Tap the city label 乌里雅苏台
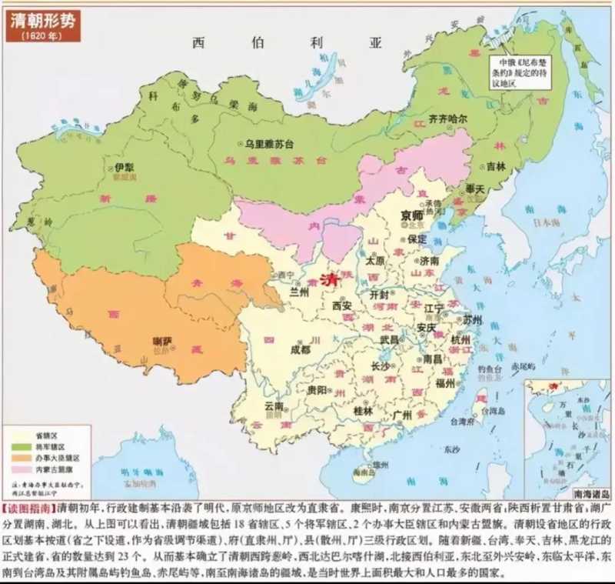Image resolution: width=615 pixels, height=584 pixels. pyautogui.click(x=271, y=144)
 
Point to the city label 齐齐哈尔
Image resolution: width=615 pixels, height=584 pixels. pyautogui.click(x=454, y=118)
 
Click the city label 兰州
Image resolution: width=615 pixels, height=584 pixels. pyautogui.click(x=299, y=292)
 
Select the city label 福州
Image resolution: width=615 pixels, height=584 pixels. pyautogui.click(x=446, y=382)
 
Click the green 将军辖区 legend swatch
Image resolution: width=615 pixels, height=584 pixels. pyautogui.click(x=15, y=446)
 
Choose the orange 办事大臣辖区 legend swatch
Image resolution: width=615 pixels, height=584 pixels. pyautogui.click(x=15, y=457)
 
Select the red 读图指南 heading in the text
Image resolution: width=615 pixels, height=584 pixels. pyautogui.click(x=28, y=509)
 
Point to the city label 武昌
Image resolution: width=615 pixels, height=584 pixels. pyautogui.click(x=390, y=339)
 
